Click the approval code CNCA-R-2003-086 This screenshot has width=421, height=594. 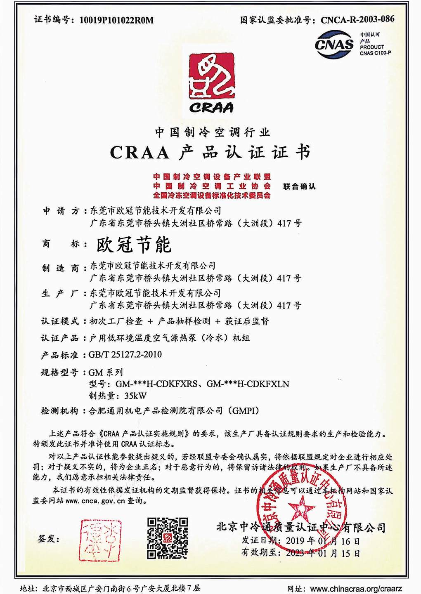pos(357,19)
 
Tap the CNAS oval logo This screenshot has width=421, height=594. pos(334,44)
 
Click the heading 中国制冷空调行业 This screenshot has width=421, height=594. pos(212,132)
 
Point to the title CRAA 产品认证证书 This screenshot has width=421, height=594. pos(210,153)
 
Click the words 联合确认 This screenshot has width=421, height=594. pos(299,186)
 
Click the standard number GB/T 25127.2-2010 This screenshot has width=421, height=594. pos(125,355)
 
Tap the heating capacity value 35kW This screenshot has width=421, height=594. pos(135,396)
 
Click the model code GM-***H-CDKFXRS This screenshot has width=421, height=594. pos(156,384)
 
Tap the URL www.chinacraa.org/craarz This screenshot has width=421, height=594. pos(356,589)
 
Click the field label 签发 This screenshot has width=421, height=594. pos(48,539)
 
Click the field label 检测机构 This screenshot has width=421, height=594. pos(59,411)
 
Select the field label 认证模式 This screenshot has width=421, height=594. pos(59,321)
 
